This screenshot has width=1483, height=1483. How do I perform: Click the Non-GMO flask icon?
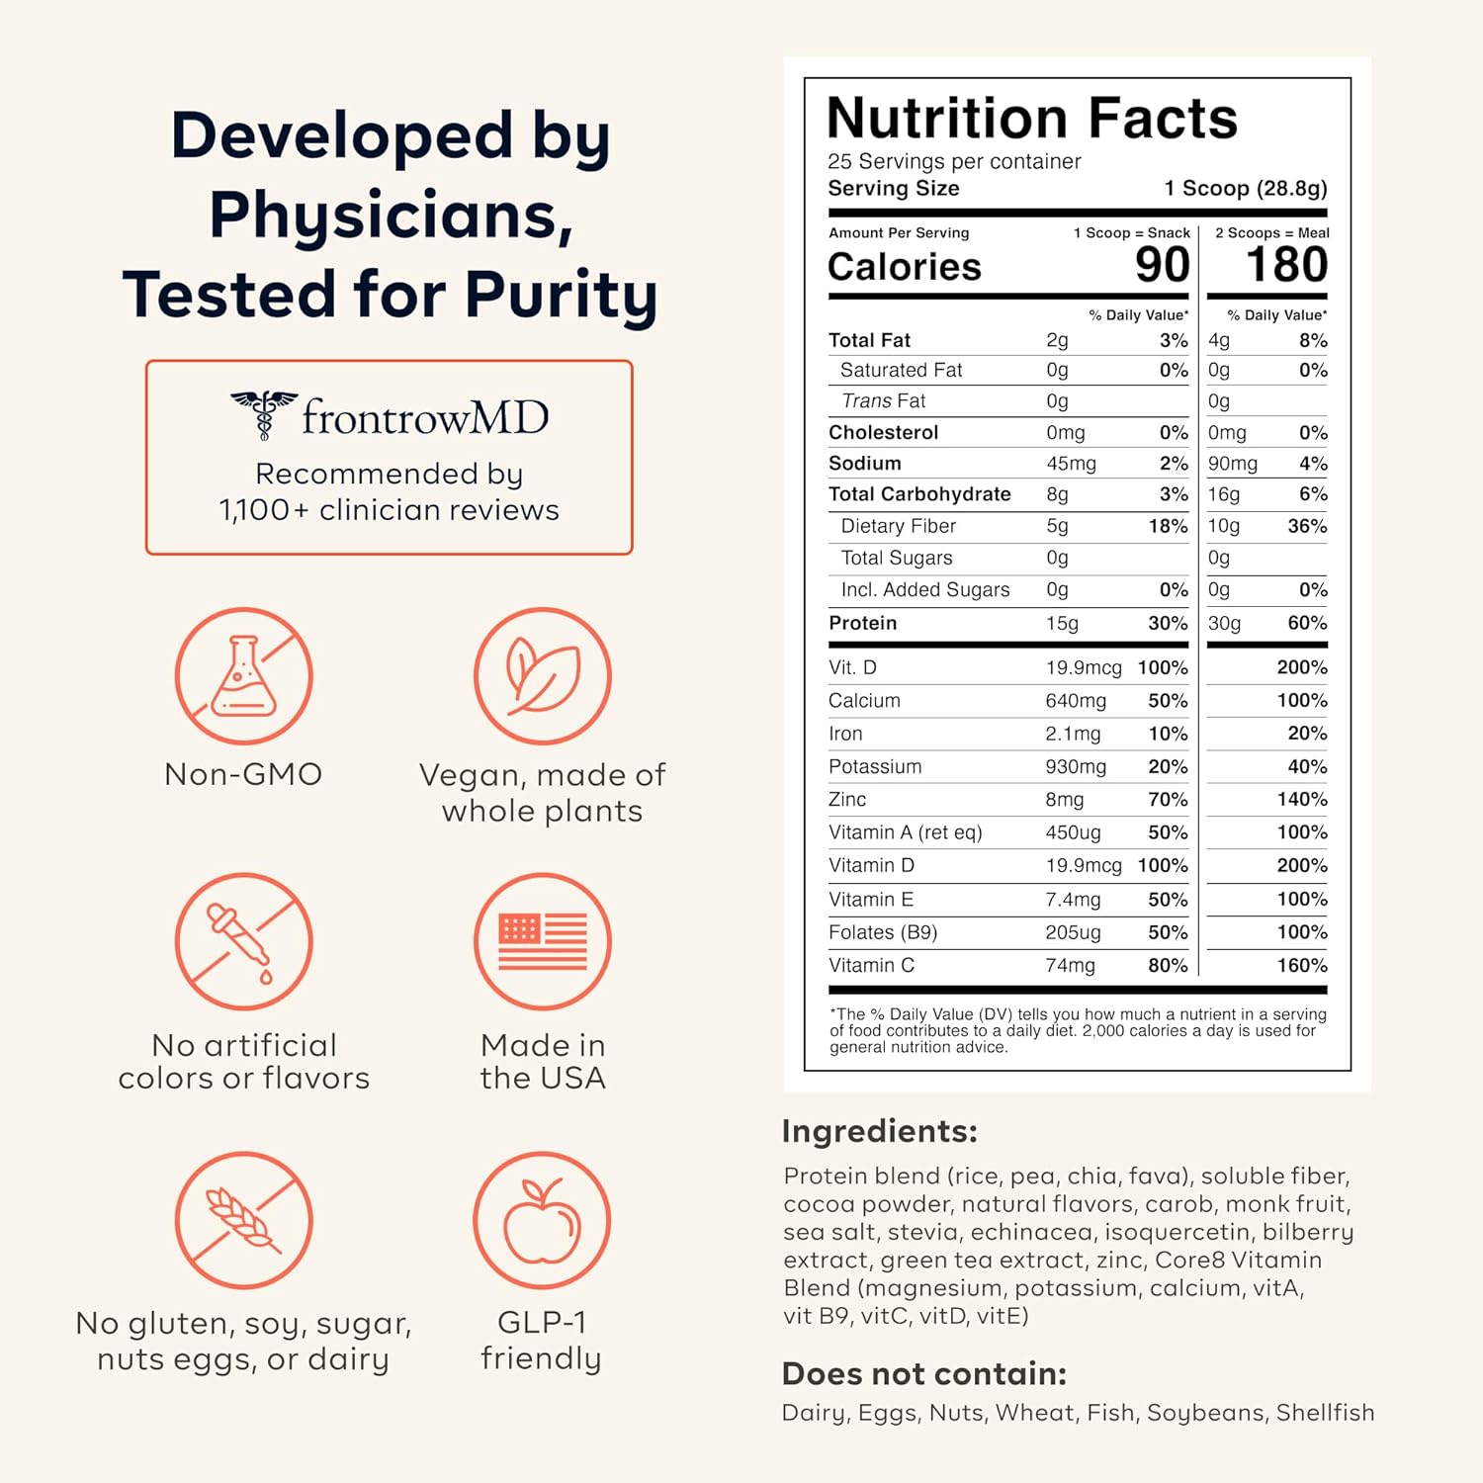[244, 676]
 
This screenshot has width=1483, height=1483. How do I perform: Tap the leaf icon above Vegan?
[542, 676]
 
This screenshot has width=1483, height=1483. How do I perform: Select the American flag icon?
[542, 941]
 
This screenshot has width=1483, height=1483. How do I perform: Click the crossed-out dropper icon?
[244, 941]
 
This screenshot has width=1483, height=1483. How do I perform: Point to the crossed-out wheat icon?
[244, 1220]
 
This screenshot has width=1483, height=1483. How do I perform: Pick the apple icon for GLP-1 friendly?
[542, 1220]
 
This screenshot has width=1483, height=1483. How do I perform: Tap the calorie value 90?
[1162, 265]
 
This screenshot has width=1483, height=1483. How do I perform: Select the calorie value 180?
[1286, 265]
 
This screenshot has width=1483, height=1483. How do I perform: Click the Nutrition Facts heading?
[1032, 119]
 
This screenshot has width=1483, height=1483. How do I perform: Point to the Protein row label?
[863, 623]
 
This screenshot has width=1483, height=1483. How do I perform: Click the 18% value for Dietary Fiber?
[1168, 526]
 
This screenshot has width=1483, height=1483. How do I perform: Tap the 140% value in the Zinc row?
[1301, 799]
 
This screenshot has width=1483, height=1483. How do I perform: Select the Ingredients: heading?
[879, 1131]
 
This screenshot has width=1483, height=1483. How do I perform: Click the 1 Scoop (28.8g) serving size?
[1245, 188]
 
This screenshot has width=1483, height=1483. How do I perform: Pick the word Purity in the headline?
[561, 295]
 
